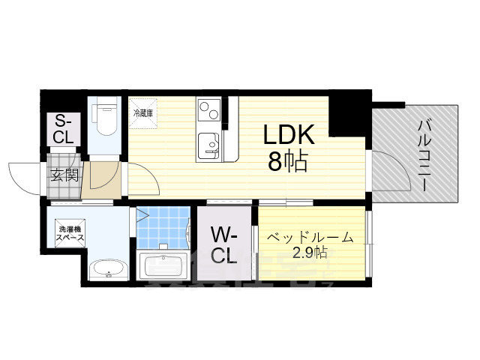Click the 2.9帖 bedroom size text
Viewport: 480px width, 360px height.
[309, 253]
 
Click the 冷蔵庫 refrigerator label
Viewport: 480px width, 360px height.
[143, 113]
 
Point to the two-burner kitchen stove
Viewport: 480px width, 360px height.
[209, 112]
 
